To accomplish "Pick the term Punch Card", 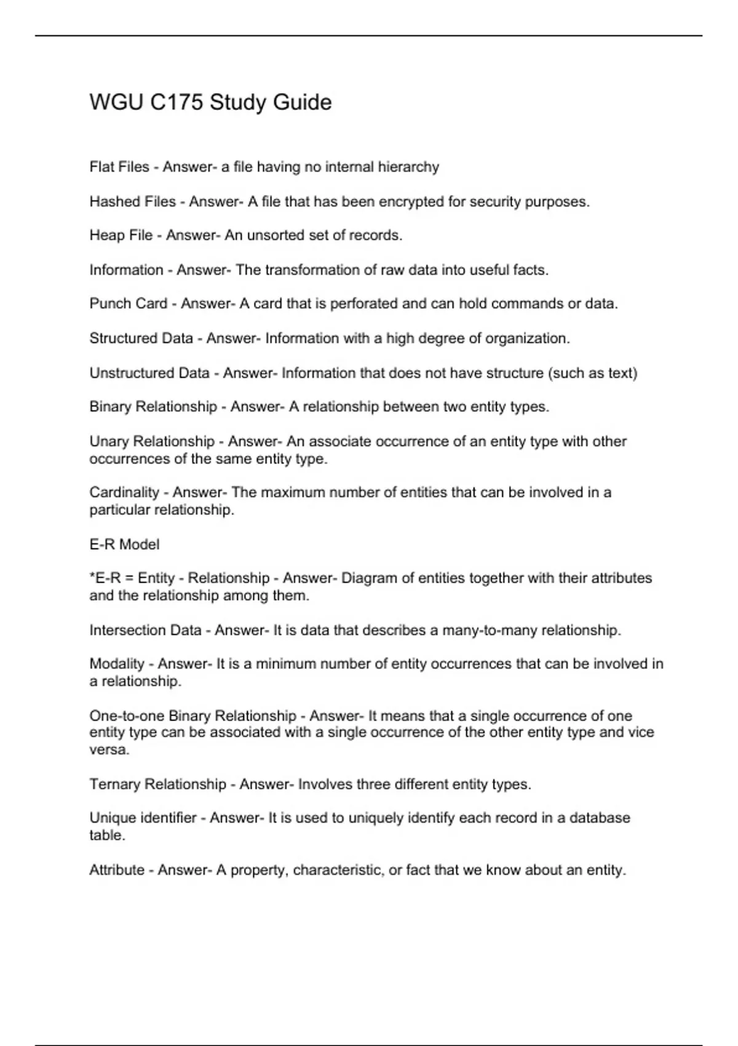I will (128, 304).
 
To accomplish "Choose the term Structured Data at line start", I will (141, 338).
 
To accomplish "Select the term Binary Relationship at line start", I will (153, 407).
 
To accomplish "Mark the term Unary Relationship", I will (152, 442).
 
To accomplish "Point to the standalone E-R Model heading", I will (124, 545).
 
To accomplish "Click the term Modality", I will (117, 665).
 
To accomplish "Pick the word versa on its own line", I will (108, 751).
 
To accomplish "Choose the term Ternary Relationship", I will (157, 784).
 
